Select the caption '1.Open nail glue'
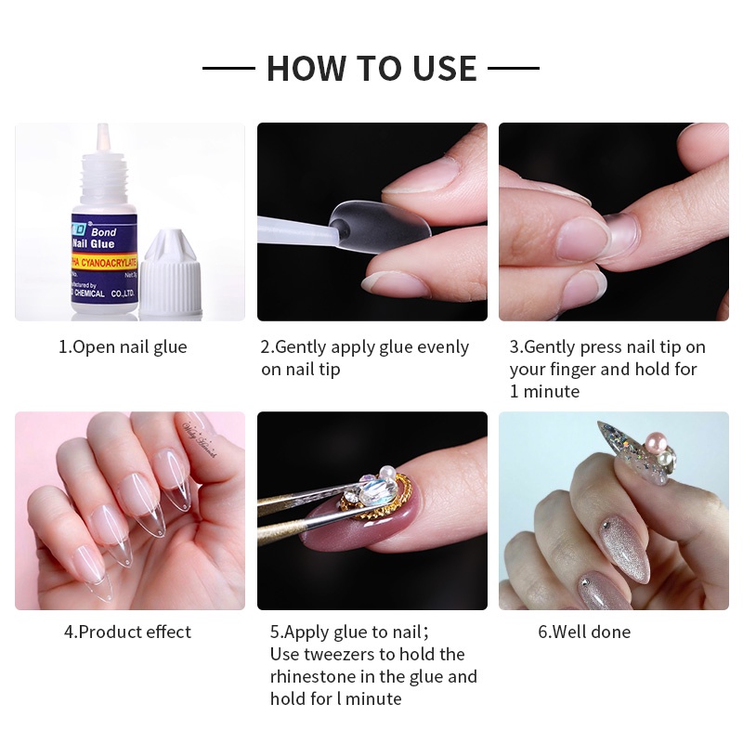[x=123, y=347]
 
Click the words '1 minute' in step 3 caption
[x=544, y=392]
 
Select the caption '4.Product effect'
[x=127, y=632]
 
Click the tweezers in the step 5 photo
[x=297, y=502]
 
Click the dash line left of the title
[x=228, y=68]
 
